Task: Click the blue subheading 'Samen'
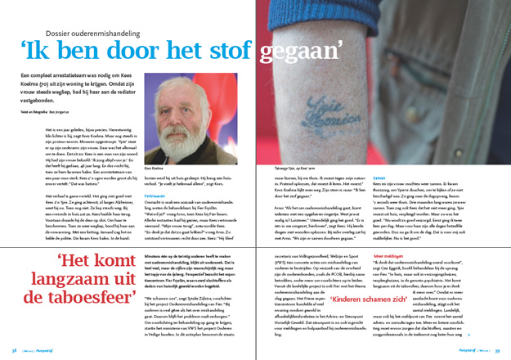point(379,176)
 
